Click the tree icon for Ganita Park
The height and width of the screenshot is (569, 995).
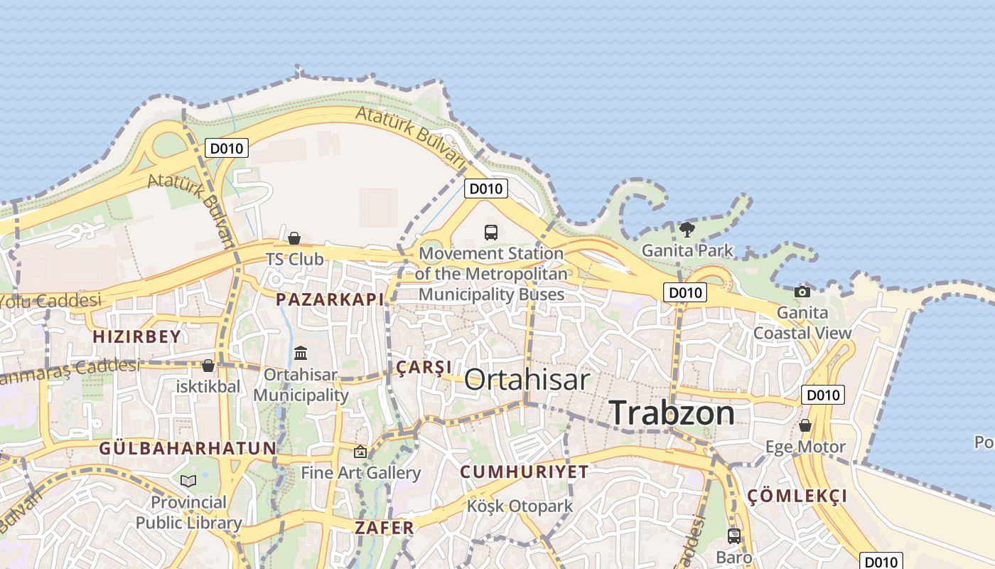point(687,229)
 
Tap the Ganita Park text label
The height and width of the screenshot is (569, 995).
point(687,250)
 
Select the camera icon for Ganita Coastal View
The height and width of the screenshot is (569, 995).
point(802,292)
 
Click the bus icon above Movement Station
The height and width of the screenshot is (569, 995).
point(491,232)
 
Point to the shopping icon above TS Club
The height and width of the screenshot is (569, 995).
point(294,238)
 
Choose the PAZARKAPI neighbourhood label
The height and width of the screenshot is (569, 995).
point(330,299)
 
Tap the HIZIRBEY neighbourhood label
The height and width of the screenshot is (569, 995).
point(137,336)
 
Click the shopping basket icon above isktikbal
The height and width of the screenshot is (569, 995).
point(208,366)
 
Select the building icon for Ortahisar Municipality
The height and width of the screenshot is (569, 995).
point(301,353)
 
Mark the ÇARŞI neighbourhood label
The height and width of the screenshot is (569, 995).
point(424,367)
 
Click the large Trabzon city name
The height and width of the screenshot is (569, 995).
point(672,413)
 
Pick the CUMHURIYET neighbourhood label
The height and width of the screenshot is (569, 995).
point(525,472)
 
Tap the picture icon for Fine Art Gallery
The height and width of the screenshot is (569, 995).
point(360,452)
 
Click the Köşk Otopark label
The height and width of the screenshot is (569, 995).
point(520,506)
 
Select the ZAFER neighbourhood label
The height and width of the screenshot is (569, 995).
point(384,528)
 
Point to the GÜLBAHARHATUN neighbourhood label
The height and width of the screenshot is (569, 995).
point(188,448)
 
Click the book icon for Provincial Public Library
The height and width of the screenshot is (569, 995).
point(188,482)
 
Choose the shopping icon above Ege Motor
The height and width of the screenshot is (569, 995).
point(805,425)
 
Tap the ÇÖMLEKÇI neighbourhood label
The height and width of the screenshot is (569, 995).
point(797,496)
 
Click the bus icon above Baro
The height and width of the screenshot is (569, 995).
point(734,536)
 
